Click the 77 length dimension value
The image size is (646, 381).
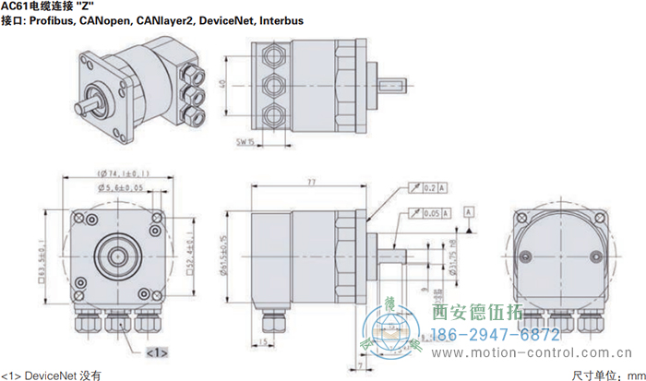coord(310,184)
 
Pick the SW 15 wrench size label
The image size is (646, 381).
coord(245,142)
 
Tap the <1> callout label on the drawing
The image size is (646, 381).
coord(156,351)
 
